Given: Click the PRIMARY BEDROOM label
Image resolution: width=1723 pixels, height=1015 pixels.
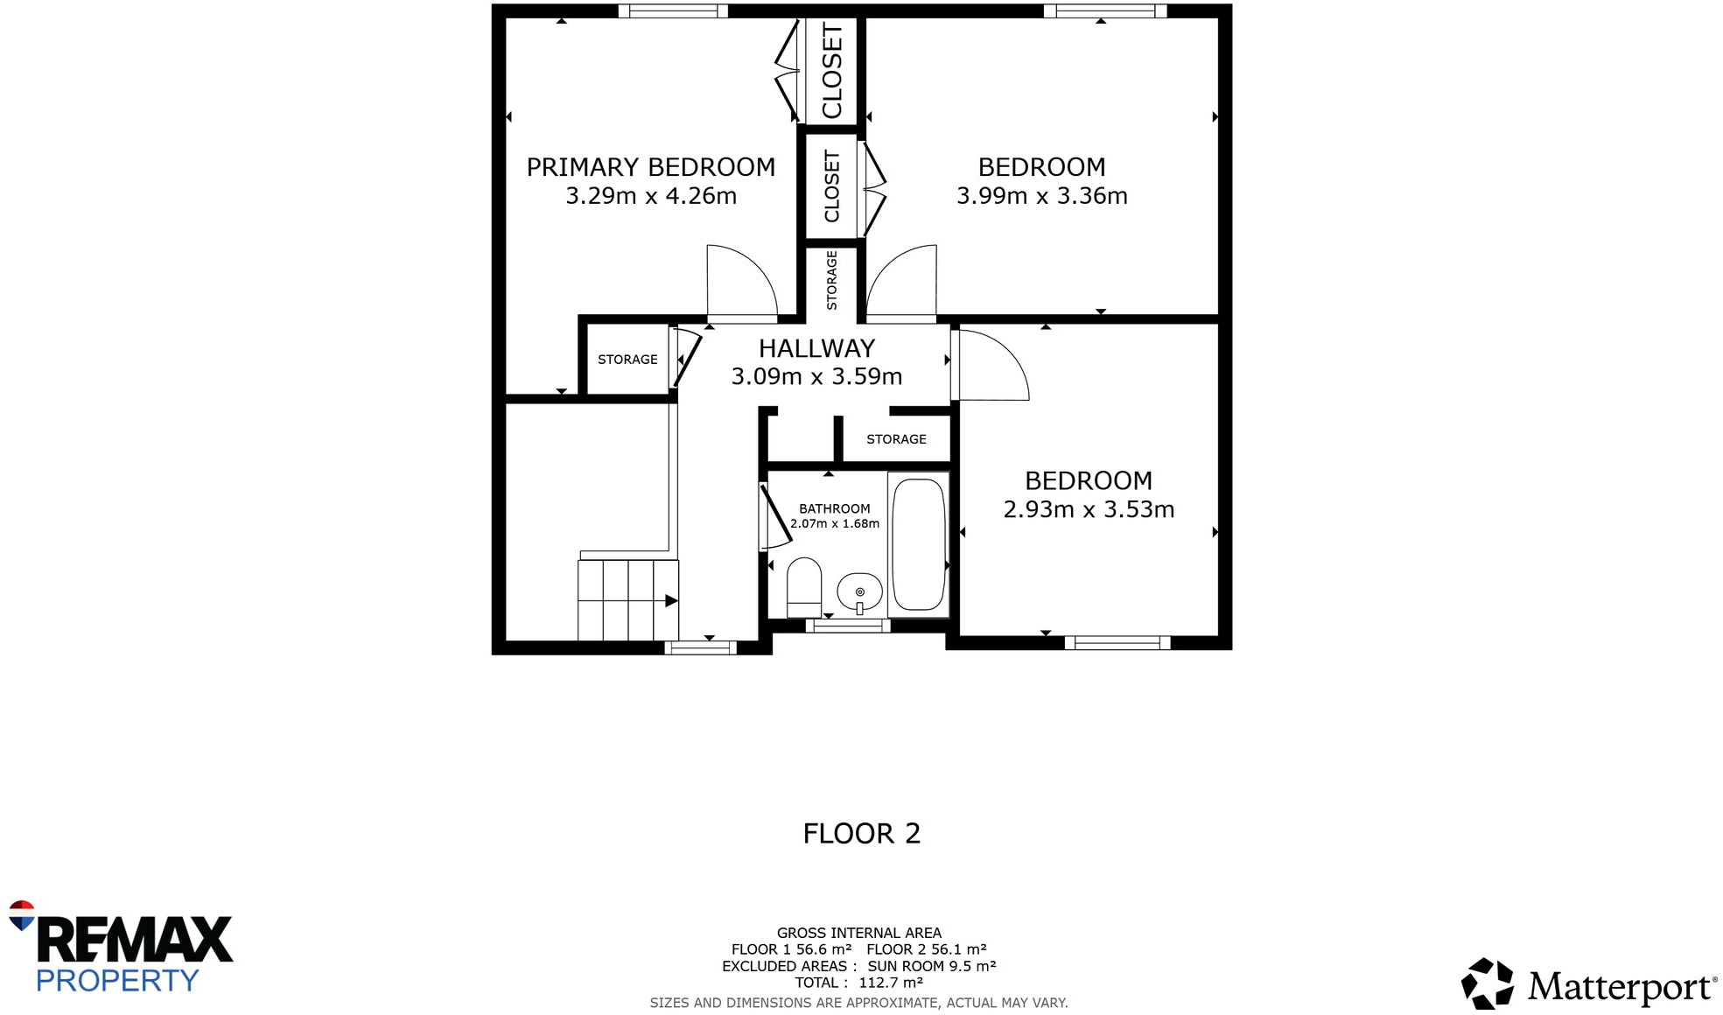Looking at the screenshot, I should click(x=650, y=167).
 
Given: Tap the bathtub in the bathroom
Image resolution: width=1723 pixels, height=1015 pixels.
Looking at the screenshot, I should click(x=918, y=544).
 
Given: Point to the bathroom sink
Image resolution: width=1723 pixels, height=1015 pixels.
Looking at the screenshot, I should click(x=859, y=592).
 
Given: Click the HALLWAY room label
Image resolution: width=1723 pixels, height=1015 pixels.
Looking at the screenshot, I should click(x=816, y=348).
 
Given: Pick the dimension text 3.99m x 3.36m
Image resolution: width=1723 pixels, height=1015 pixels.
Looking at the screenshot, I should click(x=1041, y=196).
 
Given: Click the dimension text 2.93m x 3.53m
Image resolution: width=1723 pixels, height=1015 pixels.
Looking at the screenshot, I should click(x=1088, y=509).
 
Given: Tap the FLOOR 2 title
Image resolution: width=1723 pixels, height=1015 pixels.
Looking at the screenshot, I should click(x=861, y=833).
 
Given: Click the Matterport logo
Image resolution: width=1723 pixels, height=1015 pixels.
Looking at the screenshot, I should click(x=1588, y=985).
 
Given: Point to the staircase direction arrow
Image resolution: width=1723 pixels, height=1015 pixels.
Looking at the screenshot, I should click(x=670, y=600).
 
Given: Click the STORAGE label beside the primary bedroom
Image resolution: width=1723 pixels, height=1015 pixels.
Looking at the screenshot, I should click(x=627, y=360).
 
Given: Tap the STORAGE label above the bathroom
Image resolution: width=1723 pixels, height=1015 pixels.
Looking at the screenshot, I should click(x=896, y=439).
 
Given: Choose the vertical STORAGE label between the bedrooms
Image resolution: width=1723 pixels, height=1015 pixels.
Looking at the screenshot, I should click(x=831, y=280).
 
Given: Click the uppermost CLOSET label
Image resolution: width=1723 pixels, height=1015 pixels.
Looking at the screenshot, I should click(x=831, y=72).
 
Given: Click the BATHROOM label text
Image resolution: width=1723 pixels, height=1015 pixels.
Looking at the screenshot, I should click(x=834, y=508).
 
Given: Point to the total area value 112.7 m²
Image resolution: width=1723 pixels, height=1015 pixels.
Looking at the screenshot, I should click(x=890, y=983).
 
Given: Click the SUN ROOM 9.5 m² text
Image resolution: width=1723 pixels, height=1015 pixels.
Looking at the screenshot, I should click(x=931, y=966).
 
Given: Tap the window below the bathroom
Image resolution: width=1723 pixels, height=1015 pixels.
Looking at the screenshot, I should click(x=847, y=626).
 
